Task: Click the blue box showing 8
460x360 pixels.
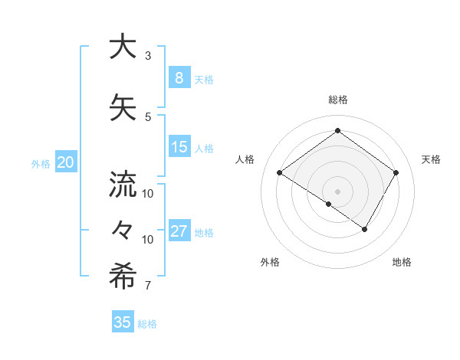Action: click(179, 78)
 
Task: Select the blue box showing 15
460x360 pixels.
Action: click(179, 147)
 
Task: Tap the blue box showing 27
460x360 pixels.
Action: click(179, 231)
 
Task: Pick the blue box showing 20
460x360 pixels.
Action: click(65, 162)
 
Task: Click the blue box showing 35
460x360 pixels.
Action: click(123, 322)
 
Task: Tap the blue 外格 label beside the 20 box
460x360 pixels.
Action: click(41, 163)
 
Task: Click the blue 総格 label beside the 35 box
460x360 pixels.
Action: click(147, 324)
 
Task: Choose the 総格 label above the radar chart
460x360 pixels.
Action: click(337, 100)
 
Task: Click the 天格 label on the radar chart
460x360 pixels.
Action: click(431, 159)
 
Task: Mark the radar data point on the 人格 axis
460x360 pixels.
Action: click(280, 173)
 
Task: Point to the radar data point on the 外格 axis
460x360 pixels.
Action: click(329, 205)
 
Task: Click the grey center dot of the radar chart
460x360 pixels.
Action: click(337, 191)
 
